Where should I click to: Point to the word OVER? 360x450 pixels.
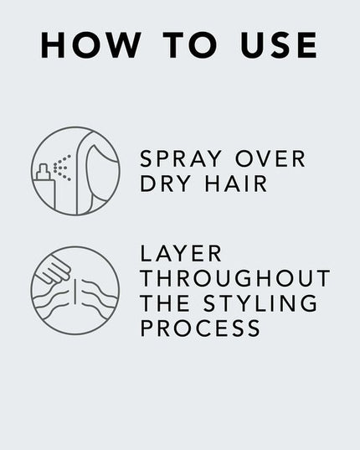click(x=267, y=160)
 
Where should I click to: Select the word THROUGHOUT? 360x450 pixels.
click(x=235, y=279)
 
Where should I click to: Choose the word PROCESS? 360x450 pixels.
click(x=200, y=328)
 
